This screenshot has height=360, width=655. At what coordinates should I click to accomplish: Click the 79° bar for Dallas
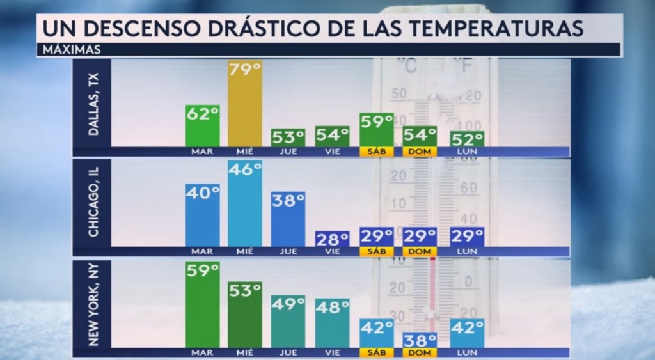click(x=245, y=106)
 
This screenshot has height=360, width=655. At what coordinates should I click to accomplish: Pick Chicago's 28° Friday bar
click(x=332, y=239)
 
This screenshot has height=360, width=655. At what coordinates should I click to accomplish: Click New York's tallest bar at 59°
click(x=203, y=304)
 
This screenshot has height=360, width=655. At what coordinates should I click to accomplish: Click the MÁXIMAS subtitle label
click(x=67, y=49)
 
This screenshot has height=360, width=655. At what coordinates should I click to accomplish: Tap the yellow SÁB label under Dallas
click(x=376, y=152)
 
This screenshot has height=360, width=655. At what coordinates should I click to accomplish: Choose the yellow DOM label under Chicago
click(x=419, y=251)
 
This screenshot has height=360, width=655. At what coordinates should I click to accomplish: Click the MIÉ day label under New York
click(x=245, y=352)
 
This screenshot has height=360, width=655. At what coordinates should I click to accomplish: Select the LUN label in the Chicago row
click(x=467, y=251)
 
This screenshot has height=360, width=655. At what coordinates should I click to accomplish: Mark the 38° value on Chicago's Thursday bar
click(x=288, y=201)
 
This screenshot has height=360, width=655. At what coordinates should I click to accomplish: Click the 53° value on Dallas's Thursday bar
click(x=288, y=137)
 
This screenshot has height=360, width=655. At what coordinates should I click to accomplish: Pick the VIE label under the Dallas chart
click(x=332, y=152)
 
